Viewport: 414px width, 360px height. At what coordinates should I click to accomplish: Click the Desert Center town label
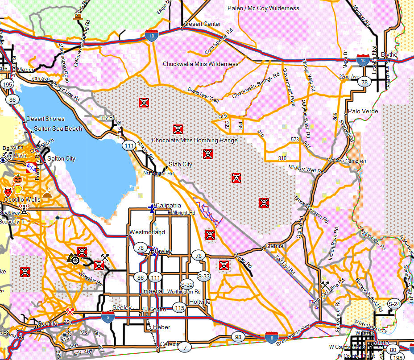click(203, 24)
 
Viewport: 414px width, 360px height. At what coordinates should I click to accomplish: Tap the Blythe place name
click(389, 54)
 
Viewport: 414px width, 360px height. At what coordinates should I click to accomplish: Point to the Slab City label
click(180, 164)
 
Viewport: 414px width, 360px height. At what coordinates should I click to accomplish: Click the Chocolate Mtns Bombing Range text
click(195, 140)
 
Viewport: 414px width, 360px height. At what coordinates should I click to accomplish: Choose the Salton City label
click(61, 158)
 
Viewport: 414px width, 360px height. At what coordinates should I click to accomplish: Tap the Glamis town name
click(273, 246)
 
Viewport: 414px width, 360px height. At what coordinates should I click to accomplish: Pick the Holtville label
click(199, 302)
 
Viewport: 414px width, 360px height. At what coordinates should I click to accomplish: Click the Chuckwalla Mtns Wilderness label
click(200, 64)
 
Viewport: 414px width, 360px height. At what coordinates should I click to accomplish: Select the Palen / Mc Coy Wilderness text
click(263, 8)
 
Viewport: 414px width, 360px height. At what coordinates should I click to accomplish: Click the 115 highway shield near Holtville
click(179, 308)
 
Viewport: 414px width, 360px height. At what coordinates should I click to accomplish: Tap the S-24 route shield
click(394, 304)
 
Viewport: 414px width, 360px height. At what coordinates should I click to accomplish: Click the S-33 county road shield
click(203, 276)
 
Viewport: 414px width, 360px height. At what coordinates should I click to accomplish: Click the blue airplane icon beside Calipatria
click(152, 208)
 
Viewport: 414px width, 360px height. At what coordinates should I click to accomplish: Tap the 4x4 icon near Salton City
click(31, 168)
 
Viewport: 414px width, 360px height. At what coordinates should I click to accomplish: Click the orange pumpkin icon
click(18, 178)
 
